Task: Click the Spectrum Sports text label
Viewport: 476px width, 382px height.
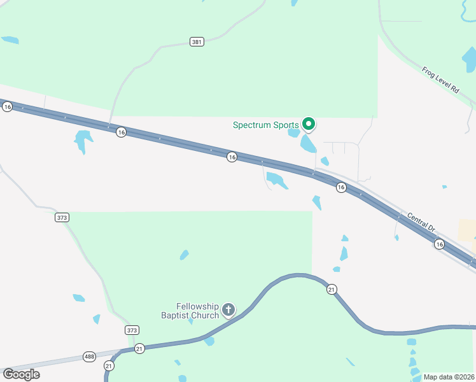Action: [265, 125]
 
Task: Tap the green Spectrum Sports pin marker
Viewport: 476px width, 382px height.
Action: [309, 124]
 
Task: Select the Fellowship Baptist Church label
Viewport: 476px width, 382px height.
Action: [197, 310]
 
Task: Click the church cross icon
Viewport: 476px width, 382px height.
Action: [228, 310]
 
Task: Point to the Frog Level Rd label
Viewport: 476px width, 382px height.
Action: [440, 80]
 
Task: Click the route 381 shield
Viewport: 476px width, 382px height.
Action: [197, 42]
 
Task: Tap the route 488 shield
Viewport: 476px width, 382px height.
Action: [89, 357]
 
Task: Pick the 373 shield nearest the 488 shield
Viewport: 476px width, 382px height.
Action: [132, 330]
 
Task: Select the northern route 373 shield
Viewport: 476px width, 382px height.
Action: [62, 217]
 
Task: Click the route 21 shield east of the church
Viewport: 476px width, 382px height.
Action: [331, 290]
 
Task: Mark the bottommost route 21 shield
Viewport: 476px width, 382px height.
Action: [109, 366]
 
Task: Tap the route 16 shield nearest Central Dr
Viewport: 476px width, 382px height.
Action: [438, 244]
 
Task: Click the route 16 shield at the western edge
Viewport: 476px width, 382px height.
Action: [7, 107]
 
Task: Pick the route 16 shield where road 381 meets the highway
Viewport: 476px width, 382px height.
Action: [121, 132]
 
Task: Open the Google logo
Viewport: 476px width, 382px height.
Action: [21, 374]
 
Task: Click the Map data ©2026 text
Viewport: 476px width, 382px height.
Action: [448, 377]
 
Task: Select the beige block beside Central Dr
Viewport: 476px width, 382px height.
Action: [467, 229]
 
